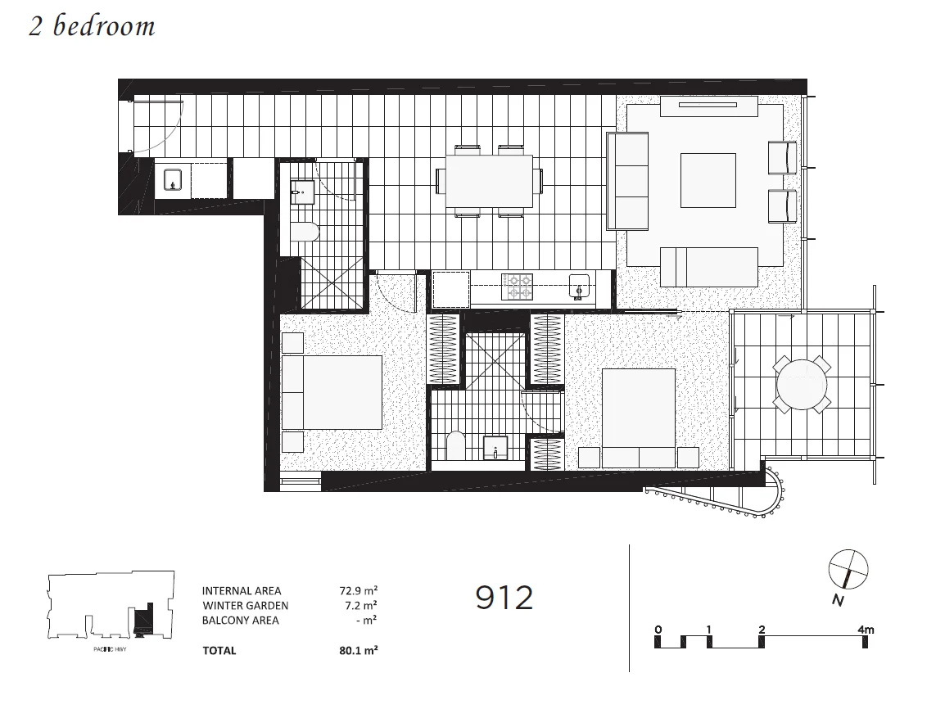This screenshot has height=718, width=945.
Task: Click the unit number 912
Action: pos(504,598)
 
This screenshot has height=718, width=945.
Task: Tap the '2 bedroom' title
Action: pos(92,26)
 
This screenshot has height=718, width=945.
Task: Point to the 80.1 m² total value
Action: pos(359,651)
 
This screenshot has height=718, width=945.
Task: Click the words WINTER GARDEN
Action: pos(245,606)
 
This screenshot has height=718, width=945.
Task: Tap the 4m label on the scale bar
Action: pos(866,630)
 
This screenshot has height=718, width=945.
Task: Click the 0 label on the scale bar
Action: pos(658,630)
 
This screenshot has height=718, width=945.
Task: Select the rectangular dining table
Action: pos(489,181)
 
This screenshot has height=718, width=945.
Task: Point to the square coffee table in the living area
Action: pos(708,181)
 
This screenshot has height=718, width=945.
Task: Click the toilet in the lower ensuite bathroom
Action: pos(456,447)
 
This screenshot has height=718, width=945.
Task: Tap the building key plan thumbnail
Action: pos(111,606)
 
